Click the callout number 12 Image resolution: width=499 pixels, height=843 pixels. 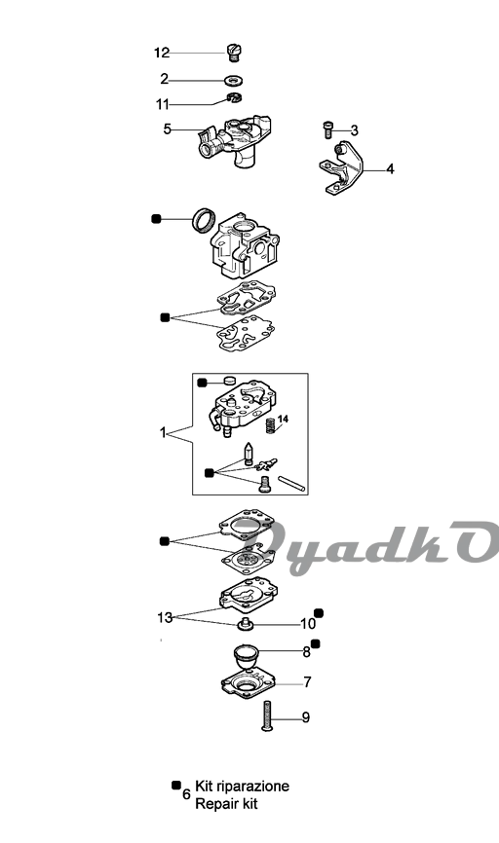click(162, 53)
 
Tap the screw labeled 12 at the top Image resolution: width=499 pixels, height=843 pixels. click(234, 53)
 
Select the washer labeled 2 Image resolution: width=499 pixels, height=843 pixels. click(234, 81)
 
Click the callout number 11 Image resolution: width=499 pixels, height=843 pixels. click(163, 104)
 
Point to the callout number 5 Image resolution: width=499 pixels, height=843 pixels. click(168, 129)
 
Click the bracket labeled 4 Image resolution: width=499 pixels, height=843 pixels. click(340, 167)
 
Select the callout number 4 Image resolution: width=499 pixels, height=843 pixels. click(390, 169)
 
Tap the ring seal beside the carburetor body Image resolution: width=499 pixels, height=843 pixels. click(205, 220)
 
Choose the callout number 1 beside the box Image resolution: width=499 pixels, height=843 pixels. click(163, 432)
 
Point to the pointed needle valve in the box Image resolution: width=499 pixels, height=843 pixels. click(249, 454)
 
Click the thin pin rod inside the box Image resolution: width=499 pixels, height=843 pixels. click(291, 483)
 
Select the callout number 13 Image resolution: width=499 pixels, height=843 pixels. click(165, 618)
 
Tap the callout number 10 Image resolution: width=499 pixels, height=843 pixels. click(307, 624)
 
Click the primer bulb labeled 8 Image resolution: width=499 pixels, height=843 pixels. click(246, 657)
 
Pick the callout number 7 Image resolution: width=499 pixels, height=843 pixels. click(307, 682)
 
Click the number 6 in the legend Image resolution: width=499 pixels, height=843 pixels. click(187, 794)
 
